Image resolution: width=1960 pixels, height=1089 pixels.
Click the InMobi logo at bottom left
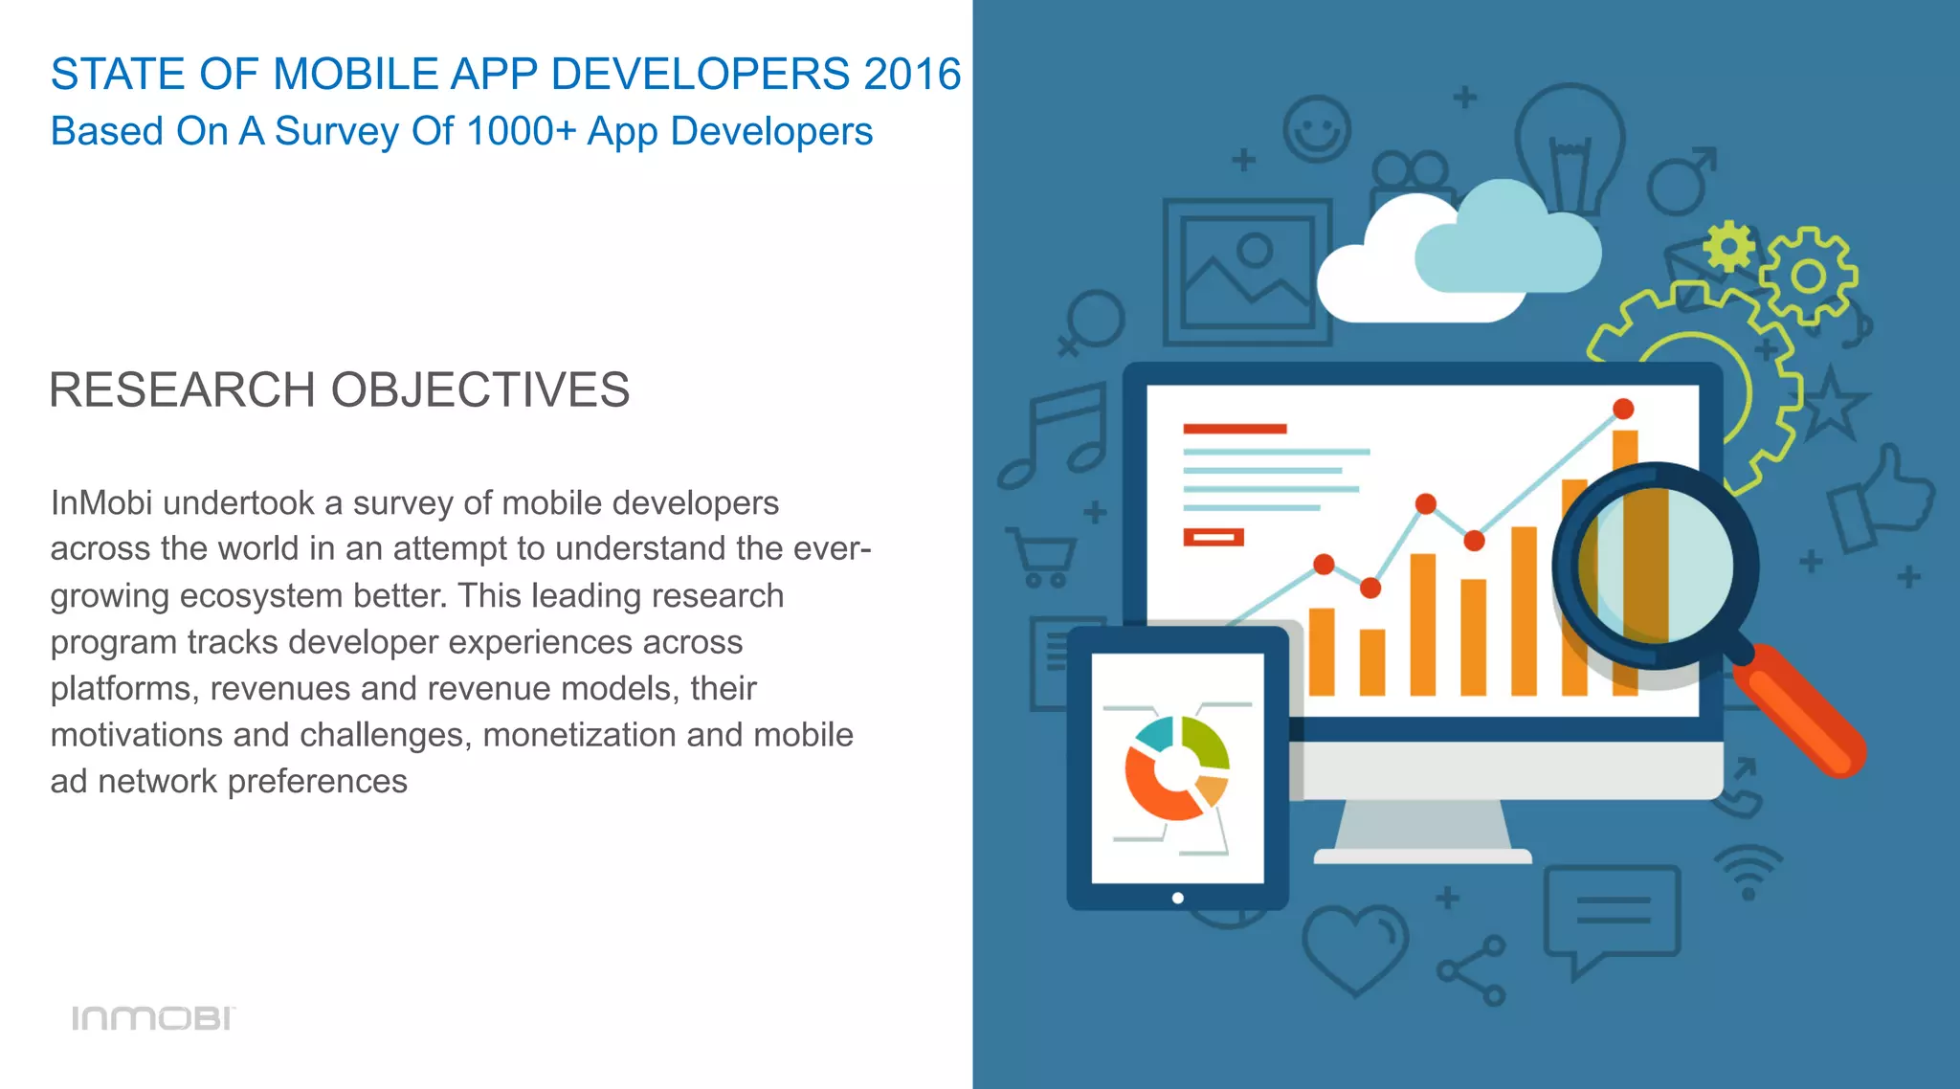[153, 1018]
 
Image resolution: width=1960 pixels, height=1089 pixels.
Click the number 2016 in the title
[911, 75]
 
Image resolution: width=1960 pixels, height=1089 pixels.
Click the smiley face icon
[1317, 129]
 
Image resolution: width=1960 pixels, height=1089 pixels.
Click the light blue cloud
[1507, 244]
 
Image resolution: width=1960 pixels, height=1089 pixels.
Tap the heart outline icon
[1354, 947]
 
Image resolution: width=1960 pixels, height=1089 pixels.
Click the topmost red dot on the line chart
[1623, 409]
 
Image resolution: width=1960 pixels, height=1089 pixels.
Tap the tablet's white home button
[1178, 898]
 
